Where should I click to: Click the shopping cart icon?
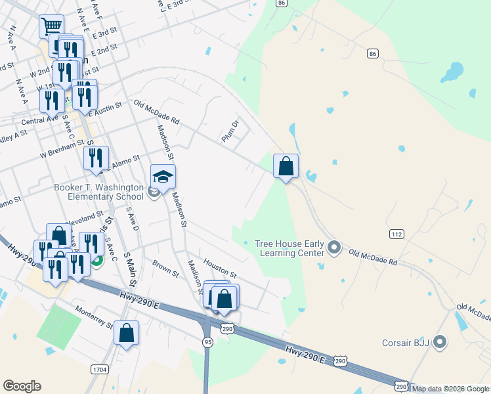(x=51, y=27)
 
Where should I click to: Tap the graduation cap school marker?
(x=163, y=177)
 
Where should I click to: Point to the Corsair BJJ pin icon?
(x=440, y=342)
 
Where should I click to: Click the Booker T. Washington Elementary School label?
(x=99, y=192)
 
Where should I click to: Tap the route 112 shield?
(x=396, y=234)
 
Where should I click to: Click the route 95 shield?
(x=207, y=342)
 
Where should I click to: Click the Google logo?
(x=22, y=386)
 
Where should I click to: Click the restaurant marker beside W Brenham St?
(x=96, y=158)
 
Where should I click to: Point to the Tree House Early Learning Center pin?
(x=334, y=248)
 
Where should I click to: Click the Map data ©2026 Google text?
(x=450, y=389)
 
